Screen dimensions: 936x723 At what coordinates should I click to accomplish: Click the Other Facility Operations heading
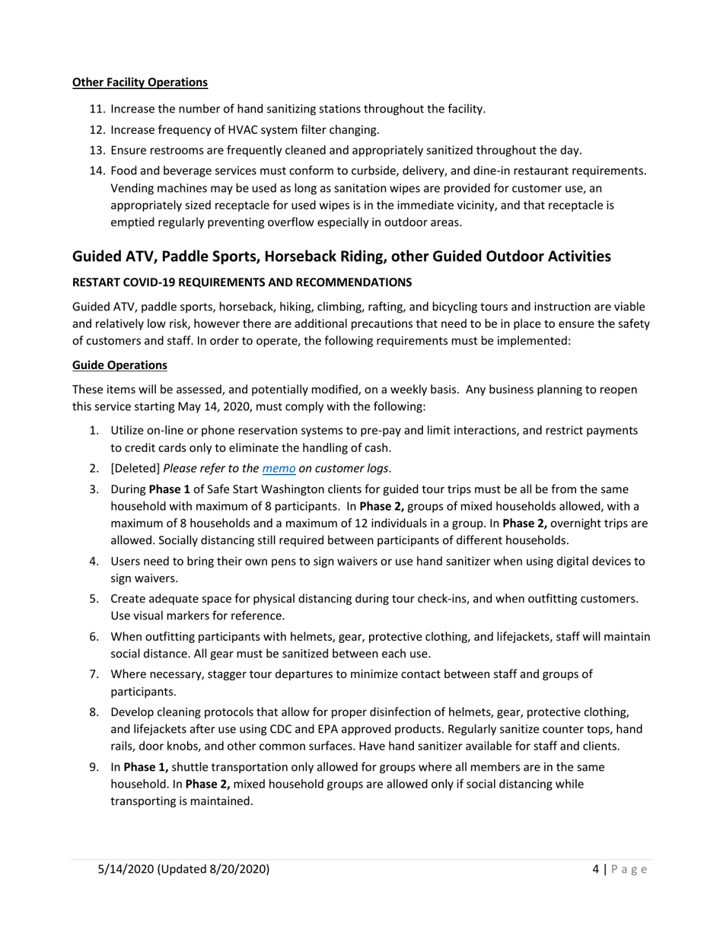click(x=139, y=82)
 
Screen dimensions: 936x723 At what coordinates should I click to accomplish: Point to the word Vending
click(x=134, y=188)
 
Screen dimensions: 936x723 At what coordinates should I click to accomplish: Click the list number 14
click(x=97, y=171)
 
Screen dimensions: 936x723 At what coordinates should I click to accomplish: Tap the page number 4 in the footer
click(x=596, y=869)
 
